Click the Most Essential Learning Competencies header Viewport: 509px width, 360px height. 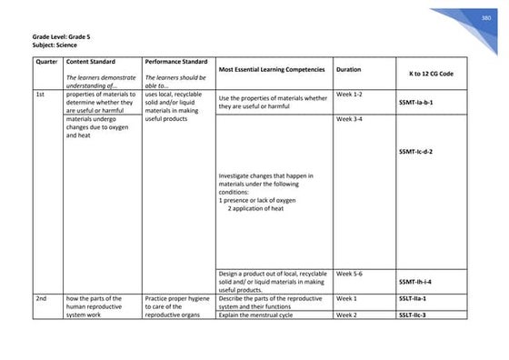[272, 69]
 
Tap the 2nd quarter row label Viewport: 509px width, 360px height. [41, 297]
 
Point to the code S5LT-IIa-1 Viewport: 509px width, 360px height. [413, 297]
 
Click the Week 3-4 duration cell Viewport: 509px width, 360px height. [350, 119]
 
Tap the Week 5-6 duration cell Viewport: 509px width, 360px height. [350, 273]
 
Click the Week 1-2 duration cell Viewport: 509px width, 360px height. [350, 95]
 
